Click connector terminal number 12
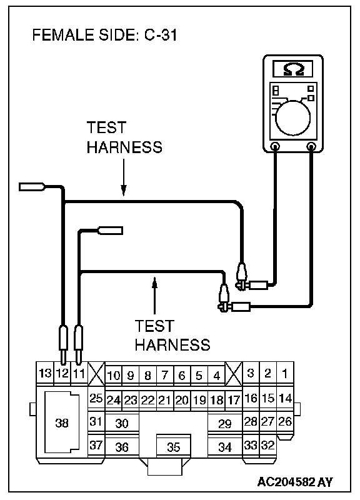pyautogui.click(x=62, y=374)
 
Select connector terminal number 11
pyautogui.click(x=79, y=374)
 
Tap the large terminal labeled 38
pyautogui.click(x=62, y=423)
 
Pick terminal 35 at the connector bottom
pyautogui.click(x=174, y=447)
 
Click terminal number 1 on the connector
pyautogui.click(x=285, y=373)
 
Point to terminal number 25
pyautogui.click(x=96, y=399)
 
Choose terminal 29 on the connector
pyautogui.click(x=225, y=424)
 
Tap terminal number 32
pyautogui.click(x=268, y=445)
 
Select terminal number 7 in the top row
pyautogui.click(x=164, y=375)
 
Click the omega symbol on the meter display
pyautogui.click(x=293, y=69)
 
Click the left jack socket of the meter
pyautogui.click(x=275, y=147)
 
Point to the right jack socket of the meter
pyautogui.click(x=311, y=147)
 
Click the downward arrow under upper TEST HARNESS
pyautogui.click(x=123, y=177)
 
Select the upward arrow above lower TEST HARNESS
pyautogui.click(x=154, y=296)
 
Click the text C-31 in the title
pyautogui.click(x=161, y=35)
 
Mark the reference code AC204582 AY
pyautogui.click(x=295, y=481)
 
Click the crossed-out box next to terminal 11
pyautogui.click(x=96, y=374)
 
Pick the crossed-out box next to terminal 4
pyautogui.click(x=234, y=374)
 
